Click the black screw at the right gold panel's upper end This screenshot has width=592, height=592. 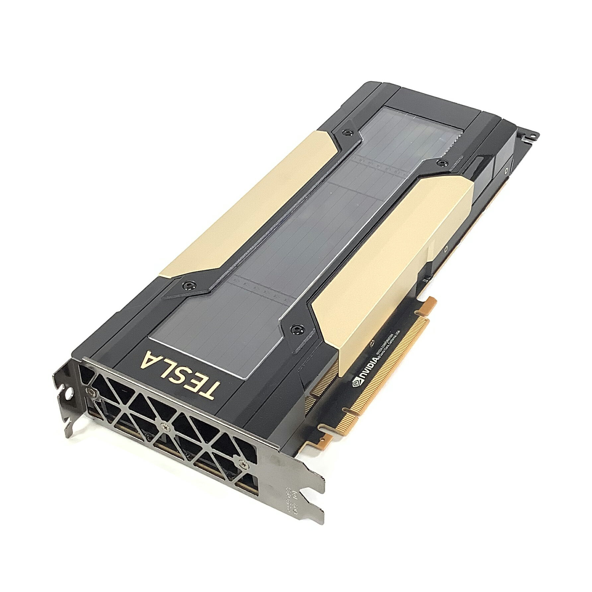(x=441, y=162)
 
